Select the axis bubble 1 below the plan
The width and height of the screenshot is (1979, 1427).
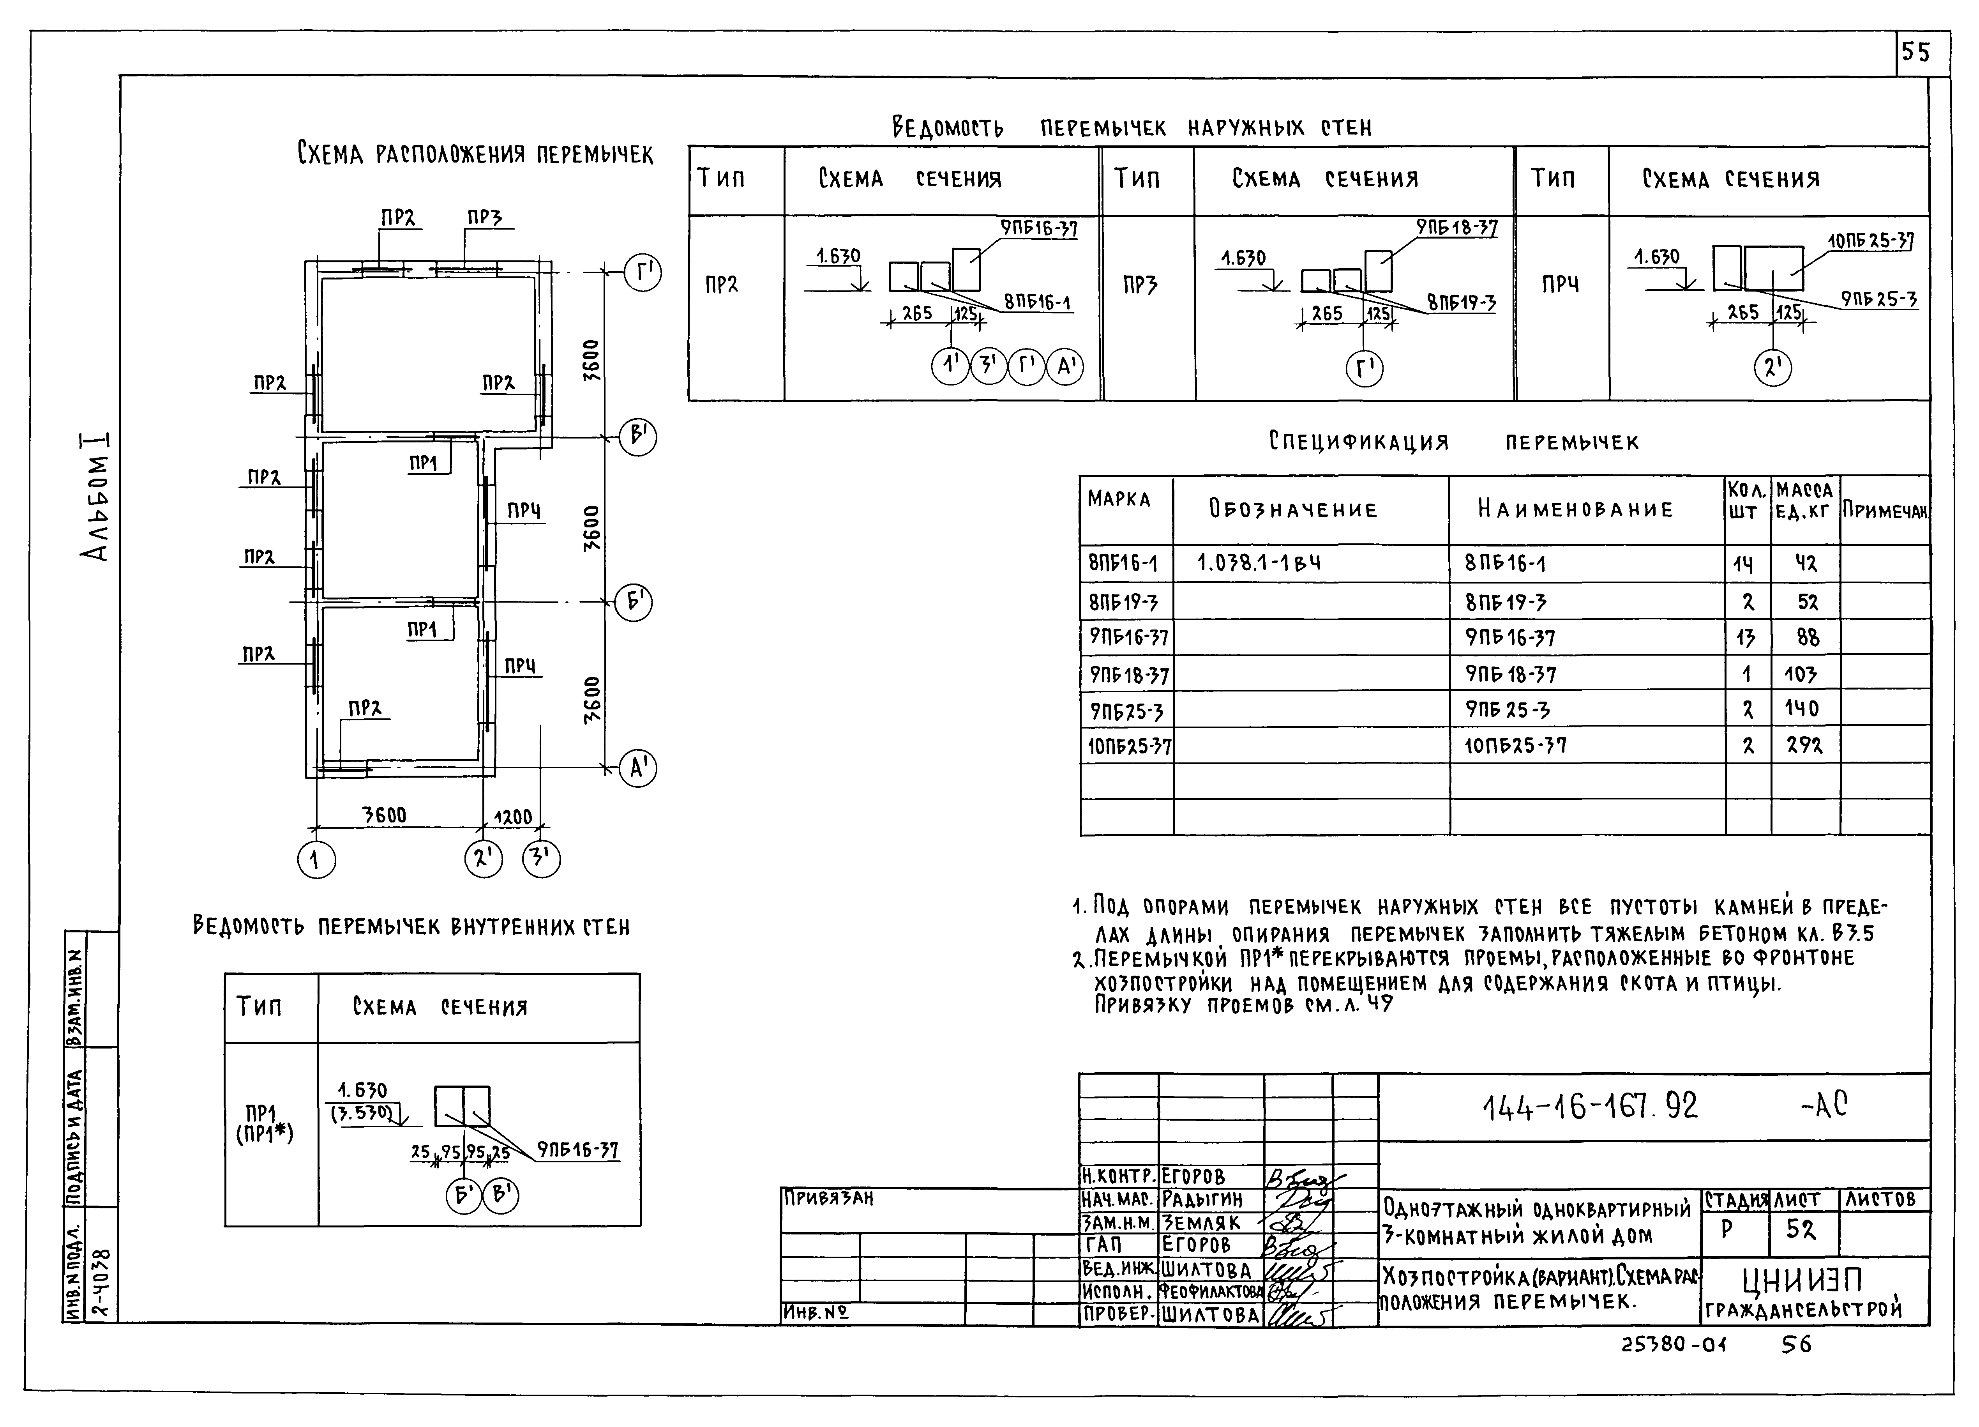point(316,861)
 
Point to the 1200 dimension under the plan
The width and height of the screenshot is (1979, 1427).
point(513,817)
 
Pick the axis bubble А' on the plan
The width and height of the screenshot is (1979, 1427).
point(638,769)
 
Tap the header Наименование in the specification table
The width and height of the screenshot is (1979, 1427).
point(1575,510)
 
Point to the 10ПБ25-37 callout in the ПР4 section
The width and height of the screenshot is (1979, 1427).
point(1870,240)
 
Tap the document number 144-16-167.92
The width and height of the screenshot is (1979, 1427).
point(1590,1107)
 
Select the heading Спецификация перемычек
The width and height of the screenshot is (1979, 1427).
point(1454,442)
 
